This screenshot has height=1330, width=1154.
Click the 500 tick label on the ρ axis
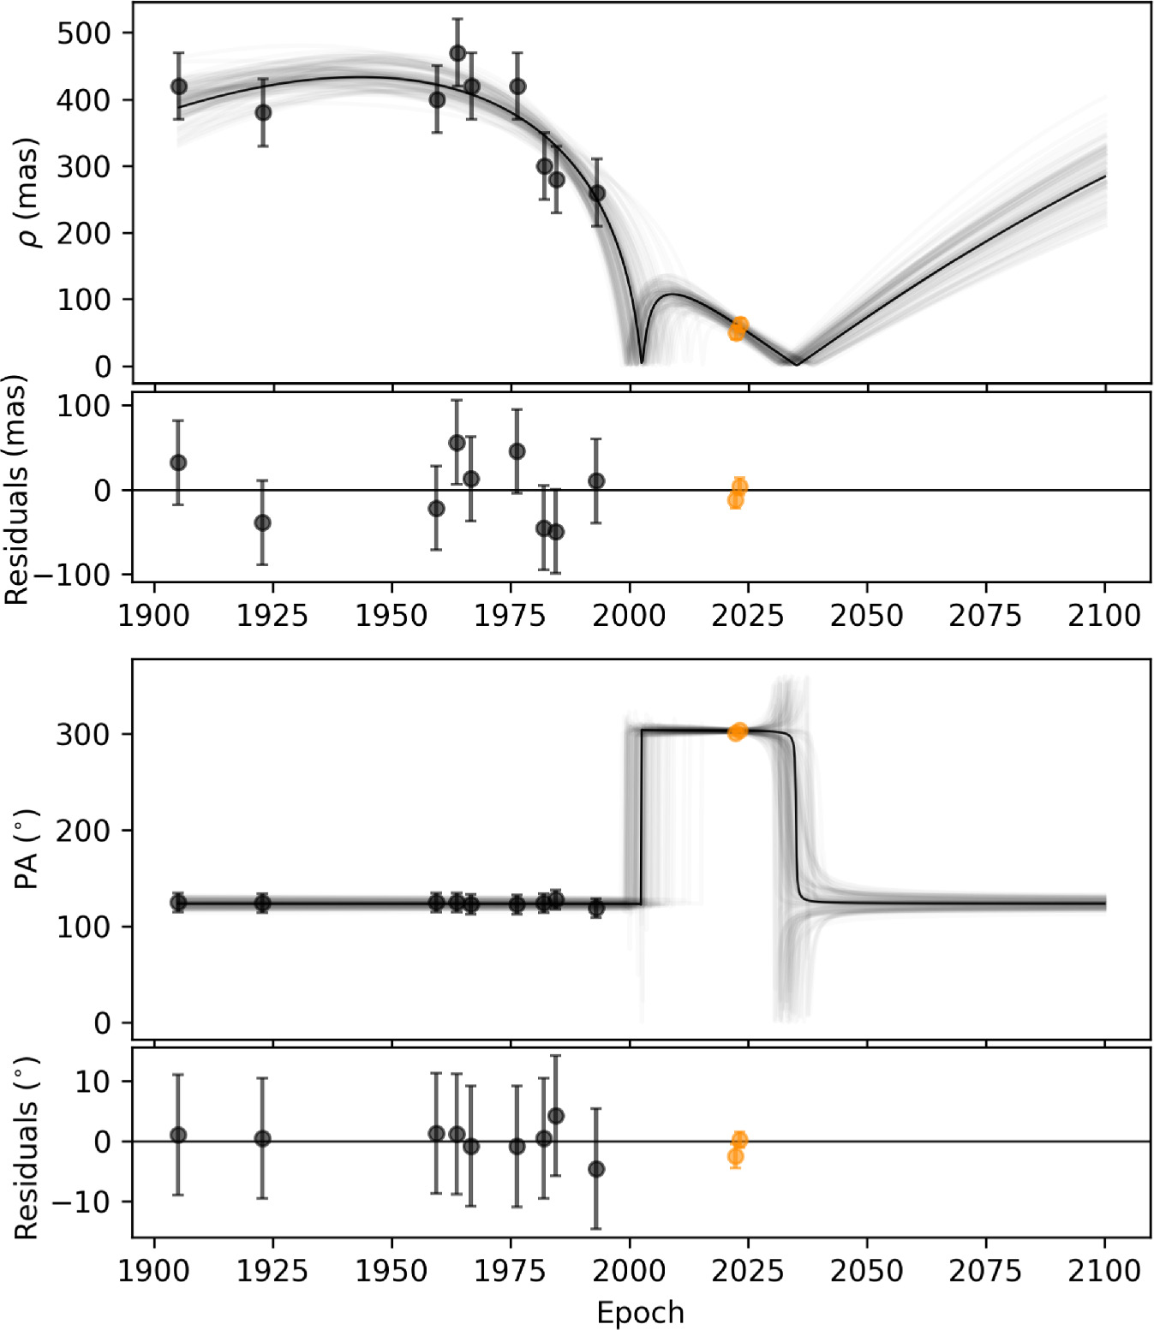(x=83, y=33)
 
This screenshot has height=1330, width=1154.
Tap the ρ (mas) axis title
(x=31, y=193)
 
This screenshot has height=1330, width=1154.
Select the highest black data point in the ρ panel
(x=457, y=53)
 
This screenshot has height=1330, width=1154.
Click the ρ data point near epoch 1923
(x=263, y=112)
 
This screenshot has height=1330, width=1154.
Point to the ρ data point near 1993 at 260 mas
(x=597, y=194)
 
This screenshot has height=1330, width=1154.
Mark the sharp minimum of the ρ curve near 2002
(x=642, y=362)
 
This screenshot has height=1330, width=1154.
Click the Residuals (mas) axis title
(x=16, y=490)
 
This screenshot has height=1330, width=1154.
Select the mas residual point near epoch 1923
(x=262, y=522)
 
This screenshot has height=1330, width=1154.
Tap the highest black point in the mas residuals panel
(x=457, y=443)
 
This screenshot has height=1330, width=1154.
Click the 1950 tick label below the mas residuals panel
(x=392, y=616)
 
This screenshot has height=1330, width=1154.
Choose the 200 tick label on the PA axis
(x=83, y=831)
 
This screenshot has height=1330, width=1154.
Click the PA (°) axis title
(x=28, y=849)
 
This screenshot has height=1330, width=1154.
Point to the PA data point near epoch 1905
(x=178, y=902)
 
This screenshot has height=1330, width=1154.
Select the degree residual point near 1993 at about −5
(x=596, y=1169)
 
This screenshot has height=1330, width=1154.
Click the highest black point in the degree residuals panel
(x=555, y=1116)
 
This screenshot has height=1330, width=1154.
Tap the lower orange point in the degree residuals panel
(x=735, y=1157)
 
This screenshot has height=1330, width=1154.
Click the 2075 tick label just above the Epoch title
(x=985, y=1270)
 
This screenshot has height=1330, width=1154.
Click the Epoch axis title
(x=640, y=1313)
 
